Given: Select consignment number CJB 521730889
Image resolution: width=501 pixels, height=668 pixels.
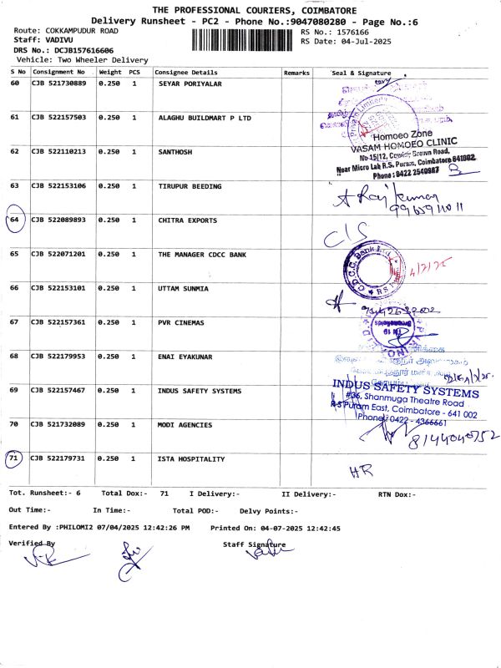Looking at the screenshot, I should coord(58,83).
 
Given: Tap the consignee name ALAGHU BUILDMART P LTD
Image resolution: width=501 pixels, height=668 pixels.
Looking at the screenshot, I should coord(205,118).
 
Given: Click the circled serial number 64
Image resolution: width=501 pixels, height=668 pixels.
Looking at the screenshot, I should coord(15,220).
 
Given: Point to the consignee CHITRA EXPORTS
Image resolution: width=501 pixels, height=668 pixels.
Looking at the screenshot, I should coord(187,220).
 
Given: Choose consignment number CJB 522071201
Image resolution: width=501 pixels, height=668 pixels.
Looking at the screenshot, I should coord(58,254).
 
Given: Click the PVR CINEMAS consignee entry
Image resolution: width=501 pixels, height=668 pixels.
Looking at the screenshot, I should coord(181,322).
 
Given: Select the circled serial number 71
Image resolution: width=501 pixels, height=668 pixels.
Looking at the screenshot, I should coord(14,458).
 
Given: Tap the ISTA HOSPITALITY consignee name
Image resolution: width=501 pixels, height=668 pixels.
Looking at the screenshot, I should coord(191,459).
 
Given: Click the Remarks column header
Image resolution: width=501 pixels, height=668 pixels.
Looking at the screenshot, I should coord(296,73).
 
